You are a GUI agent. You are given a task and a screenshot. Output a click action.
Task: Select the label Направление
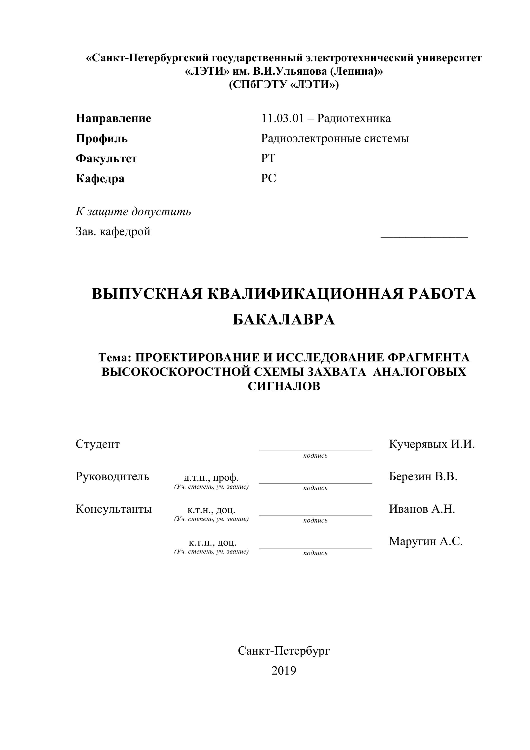113,118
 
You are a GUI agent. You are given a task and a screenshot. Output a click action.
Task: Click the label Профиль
102,139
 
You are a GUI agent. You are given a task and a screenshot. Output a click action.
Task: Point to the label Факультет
106,159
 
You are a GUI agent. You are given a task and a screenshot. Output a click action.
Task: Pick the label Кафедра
100,179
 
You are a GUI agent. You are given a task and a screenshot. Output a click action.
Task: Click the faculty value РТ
268,159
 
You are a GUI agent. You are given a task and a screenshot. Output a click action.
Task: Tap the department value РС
268,178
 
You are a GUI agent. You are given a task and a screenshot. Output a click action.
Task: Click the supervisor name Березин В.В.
423,477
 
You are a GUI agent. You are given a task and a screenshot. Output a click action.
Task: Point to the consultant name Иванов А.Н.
422,509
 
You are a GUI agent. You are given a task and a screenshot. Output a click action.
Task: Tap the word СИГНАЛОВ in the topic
284,387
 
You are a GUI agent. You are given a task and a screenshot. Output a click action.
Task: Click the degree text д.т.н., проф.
211,478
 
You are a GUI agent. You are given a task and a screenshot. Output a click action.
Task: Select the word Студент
98,444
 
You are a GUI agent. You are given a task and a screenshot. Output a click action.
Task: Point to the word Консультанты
114,509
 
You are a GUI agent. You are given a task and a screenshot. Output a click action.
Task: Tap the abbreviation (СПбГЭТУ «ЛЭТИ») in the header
284,85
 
